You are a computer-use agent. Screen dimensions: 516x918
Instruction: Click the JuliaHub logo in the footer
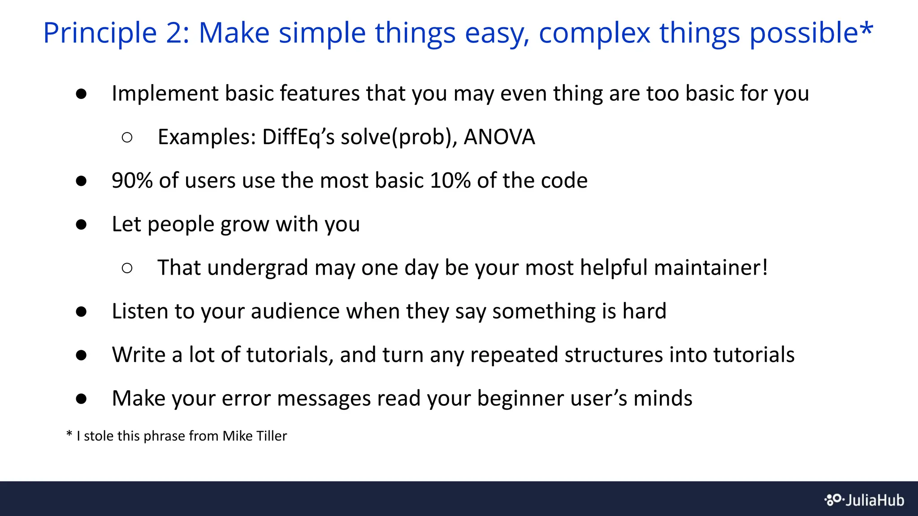pos(864,500)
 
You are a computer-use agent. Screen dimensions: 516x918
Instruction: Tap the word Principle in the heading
pos(100,34)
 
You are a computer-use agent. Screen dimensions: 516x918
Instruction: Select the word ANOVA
pos(499,137)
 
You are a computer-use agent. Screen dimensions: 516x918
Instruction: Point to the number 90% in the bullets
pos(132,181)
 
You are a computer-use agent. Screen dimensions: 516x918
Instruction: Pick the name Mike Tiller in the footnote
pos(255,436)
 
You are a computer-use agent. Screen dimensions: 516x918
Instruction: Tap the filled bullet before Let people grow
pos(81,224)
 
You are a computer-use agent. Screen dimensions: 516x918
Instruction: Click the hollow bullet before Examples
pos(127,138)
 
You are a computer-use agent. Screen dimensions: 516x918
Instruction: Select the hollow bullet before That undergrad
pos(127,268)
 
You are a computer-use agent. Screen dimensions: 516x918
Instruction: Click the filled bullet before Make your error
pos(81,399)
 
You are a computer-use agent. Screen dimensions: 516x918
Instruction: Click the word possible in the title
pos(803,34)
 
